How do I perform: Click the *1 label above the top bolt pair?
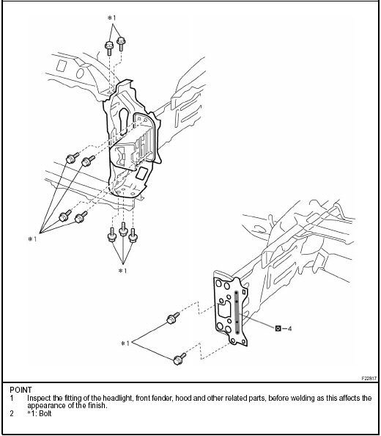(111, 18)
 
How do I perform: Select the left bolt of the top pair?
(109, 48)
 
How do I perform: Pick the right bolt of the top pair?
(121, 43)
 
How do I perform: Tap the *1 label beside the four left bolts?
(32, 239)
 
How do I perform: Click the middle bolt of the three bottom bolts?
(123, 229)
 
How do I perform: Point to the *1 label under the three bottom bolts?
(122, 271)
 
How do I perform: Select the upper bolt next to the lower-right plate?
(173, 318)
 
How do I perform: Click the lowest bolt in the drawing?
(180, 359)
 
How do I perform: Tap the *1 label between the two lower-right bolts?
(125, 344)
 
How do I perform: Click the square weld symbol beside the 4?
(278, 328)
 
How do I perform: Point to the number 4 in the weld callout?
(289, 329)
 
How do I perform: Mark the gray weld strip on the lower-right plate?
(237, 313)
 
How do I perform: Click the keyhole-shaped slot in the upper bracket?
(124, 121)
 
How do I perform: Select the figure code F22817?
(369, 379)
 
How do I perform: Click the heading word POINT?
(21, 390)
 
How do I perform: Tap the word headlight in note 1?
(119, 398)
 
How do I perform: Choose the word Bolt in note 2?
(45, 413)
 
